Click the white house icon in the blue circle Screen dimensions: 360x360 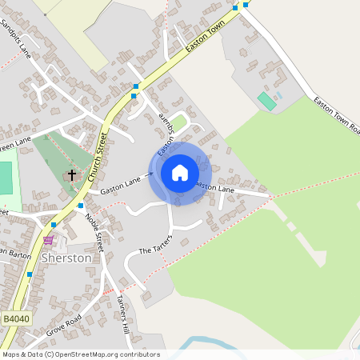(x=180, y=173)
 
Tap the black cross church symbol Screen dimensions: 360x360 (x=72, y=174)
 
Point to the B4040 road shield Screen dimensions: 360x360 (x=15, y=318)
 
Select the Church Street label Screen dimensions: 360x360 (x=102, y=156)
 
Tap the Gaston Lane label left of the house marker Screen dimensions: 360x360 (x=120, y=186)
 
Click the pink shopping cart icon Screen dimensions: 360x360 (x=48, y=238)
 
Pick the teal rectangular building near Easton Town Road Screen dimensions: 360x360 (x=266, y=102)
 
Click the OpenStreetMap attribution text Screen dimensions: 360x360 (x=81, y=354)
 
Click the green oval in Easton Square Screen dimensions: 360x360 (x=179, y=122)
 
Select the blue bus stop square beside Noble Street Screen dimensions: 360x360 (x=81, y=206)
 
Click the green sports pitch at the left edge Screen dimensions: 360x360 (x=6, y=178)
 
